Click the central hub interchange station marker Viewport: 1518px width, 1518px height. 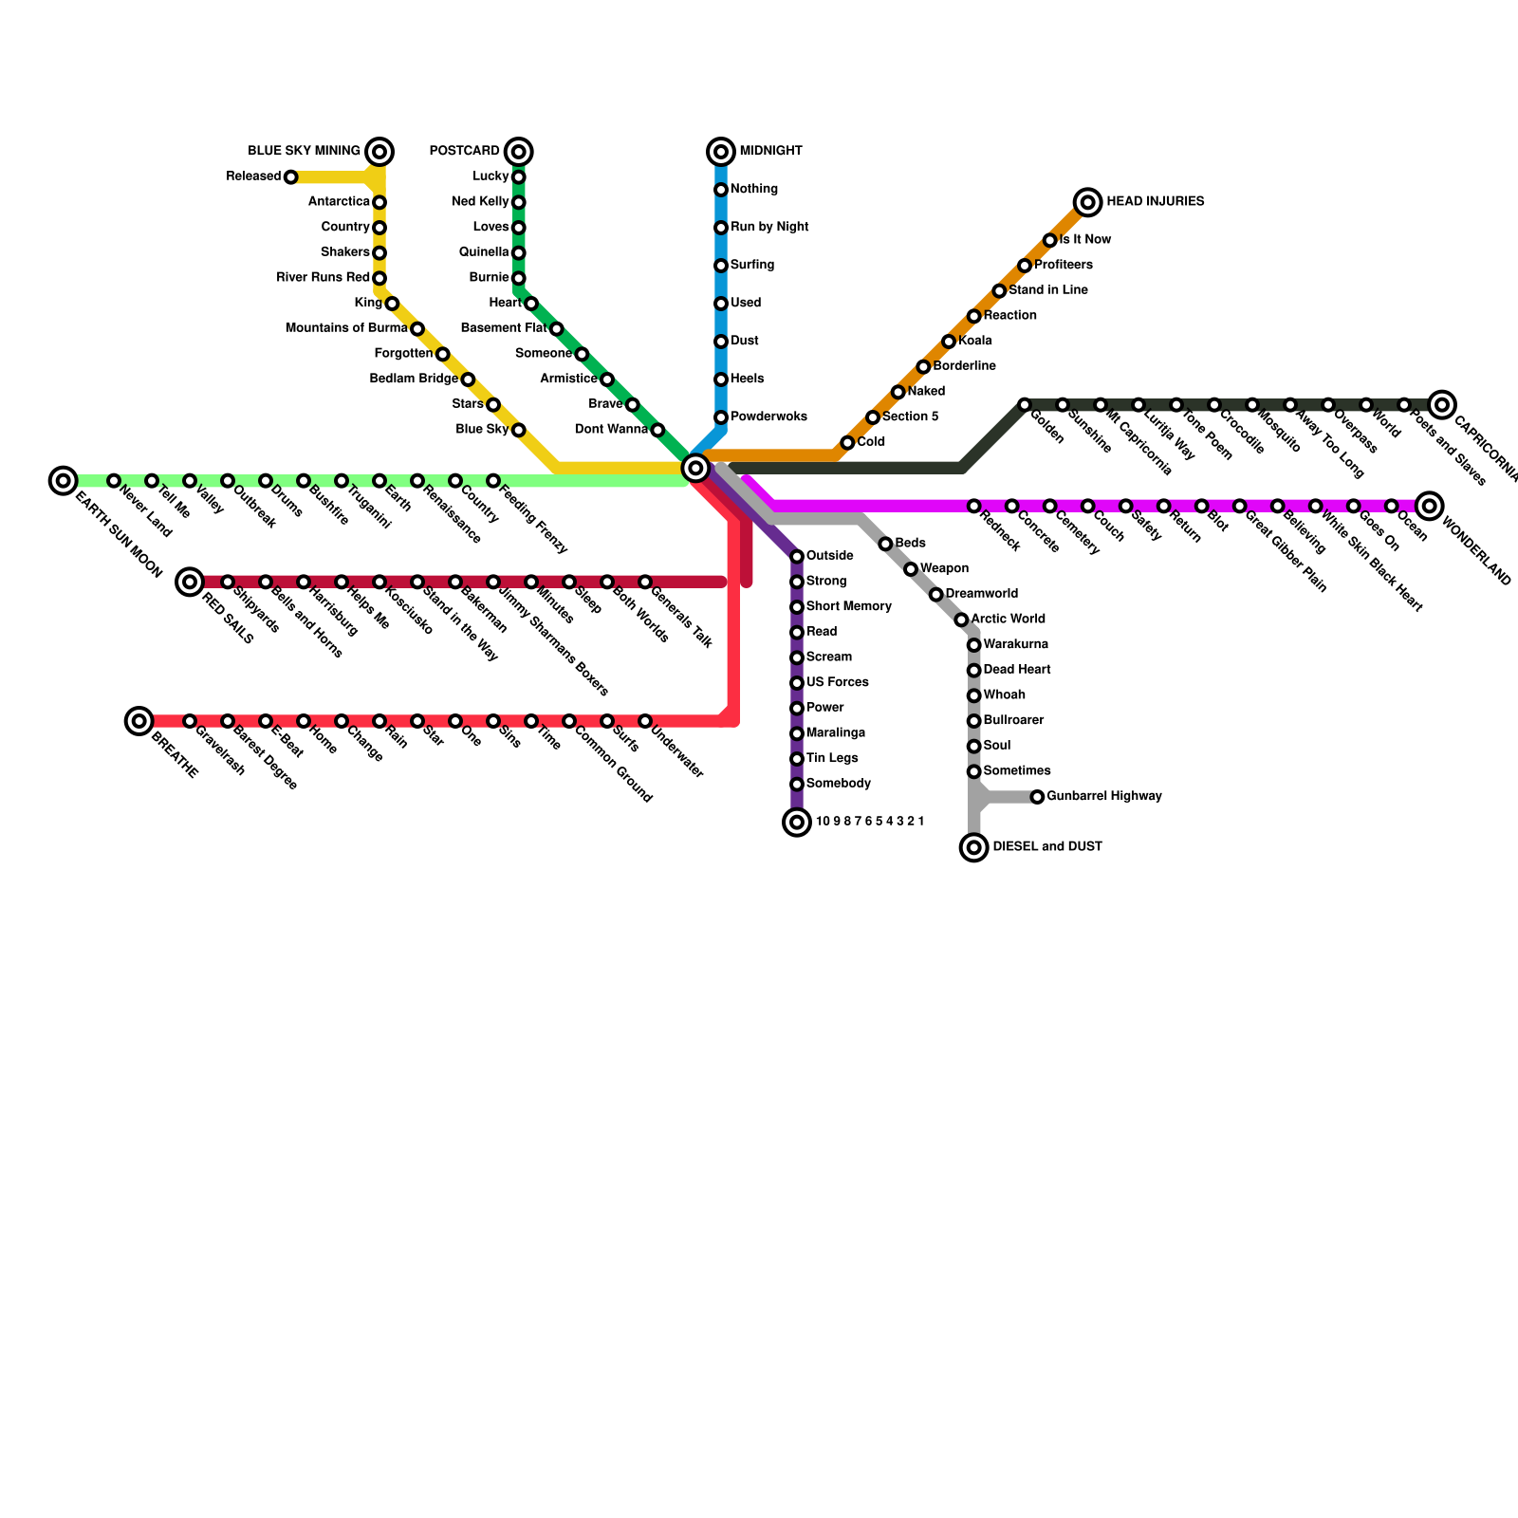click(695, 467)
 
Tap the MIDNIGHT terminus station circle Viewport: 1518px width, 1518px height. click(721, 151)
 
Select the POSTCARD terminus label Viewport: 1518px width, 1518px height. click(464, 151)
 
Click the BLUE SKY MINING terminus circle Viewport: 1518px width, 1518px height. click(379, 151)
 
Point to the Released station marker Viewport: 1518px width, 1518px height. click(291, 177)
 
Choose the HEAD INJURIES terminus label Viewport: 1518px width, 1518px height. click(1155, 201)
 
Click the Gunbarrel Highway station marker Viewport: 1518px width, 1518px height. click(1038, 797)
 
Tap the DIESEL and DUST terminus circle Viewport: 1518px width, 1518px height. click(974, 847)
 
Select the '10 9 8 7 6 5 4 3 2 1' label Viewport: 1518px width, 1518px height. click(869, 822)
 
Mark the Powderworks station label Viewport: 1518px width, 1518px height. click(768, 417)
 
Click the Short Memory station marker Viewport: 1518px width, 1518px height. click(797, 607)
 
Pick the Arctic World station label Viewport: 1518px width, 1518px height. click(1008, 619)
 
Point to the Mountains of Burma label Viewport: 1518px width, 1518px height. click(346, 328)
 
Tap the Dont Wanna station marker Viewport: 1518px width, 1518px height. click(657, 430)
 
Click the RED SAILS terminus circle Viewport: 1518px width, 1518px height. click(191, 582)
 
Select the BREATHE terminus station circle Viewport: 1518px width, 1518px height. click(139, 721)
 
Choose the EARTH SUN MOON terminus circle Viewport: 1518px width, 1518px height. click(64, 481)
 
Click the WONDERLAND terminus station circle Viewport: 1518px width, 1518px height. click(1430, 506)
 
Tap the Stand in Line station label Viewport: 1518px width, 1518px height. click(1047, 290)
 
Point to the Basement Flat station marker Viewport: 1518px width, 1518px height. click(557, 329)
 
